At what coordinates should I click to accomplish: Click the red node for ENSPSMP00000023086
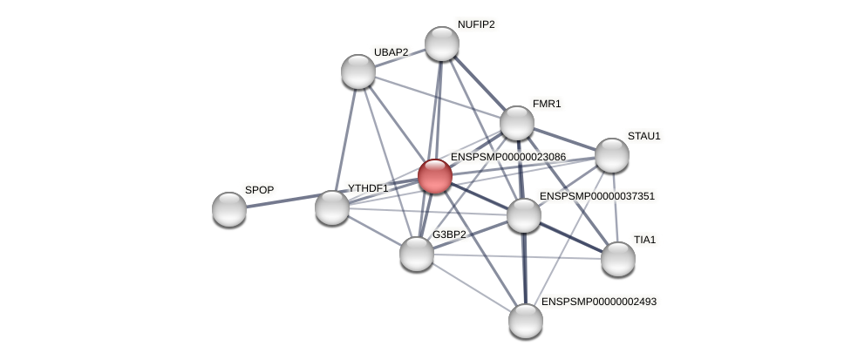pos(435,176)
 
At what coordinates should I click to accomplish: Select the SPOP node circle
pos(229,209)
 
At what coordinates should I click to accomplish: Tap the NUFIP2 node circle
pos(442,44)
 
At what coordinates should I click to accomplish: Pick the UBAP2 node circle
pos(358,71)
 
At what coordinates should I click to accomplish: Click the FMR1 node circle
pos(517,123)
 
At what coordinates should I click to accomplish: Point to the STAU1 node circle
pos(612,155)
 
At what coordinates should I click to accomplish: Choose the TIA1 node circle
pos(618,258)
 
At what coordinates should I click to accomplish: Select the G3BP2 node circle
pos(417,254)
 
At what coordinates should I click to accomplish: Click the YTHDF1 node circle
pos(332,207)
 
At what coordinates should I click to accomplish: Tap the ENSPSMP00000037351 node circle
pos(524,215)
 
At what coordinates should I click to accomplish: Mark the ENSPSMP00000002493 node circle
pos(526,320)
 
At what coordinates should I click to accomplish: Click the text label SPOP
pos(259,190)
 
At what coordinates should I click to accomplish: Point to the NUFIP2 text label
pos(476,24)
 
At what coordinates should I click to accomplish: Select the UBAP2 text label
pos(391,52)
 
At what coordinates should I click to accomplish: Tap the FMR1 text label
pos(547,104)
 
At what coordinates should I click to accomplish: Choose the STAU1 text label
pos(644,136)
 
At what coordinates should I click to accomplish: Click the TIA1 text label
pos(644,240)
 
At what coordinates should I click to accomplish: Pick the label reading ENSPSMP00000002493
pos(598,302)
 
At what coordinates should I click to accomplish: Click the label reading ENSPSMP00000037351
pos(596,196)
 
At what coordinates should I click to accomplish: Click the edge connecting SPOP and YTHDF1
pos(281,202)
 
